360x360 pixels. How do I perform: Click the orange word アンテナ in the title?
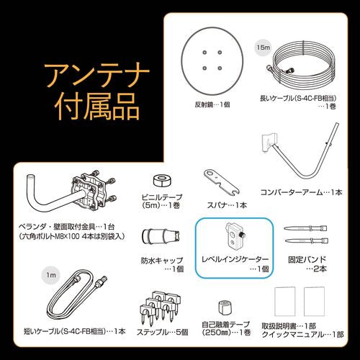click(96, 76)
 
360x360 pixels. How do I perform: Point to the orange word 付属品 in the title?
click(96, 110)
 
